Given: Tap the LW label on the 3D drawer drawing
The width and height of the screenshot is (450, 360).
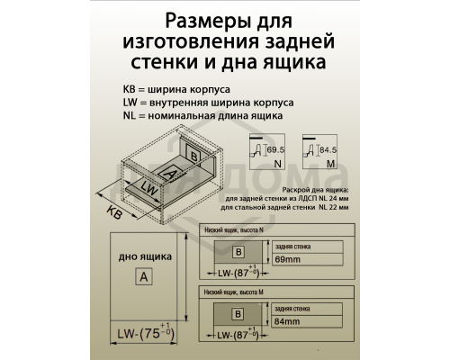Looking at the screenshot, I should click(149, 190).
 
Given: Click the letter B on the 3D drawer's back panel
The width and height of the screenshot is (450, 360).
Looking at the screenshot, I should click(195, 155).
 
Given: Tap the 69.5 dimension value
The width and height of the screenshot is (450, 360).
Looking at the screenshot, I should click(274, 148).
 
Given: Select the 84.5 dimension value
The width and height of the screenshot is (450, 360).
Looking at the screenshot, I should click(328, 148).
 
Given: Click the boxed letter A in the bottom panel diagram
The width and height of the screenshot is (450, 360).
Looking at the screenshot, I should click(142, 277).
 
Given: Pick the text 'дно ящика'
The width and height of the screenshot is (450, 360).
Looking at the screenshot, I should click(141, 256).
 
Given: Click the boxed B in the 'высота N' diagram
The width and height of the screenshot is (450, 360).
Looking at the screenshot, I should click(238, 252).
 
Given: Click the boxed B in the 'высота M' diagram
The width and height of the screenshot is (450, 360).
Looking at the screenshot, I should click(238, 315).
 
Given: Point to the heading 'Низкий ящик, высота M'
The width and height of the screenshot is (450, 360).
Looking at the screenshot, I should click(238, 293).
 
